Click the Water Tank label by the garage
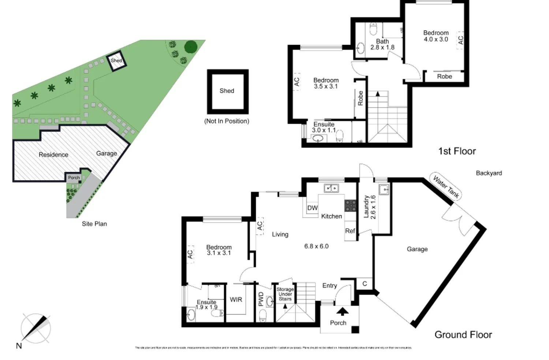click(445, 186)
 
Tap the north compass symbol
click(36, 328)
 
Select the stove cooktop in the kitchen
click(350, 206)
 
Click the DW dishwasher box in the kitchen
click(312, 208)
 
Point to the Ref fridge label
click(350, 231)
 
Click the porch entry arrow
click(342, 312)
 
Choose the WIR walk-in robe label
click(236, 300)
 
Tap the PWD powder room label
click(261, 299)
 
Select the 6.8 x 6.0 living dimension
click(316, 246)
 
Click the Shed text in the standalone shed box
click(227, 91)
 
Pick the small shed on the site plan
click(116, 60)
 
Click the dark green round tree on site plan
click(190, 47)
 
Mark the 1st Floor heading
click(457, 151)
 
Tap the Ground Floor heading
click(463, 335)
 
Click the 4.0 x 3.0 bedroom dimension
click(436, 40)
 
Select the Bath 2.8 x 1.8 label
click(382, 44)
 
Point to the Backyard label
click(489, 173)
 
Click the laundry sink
click(384, 189)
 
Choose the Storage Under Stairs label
click(285, 294)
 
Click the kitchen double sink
click(331, 188)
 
